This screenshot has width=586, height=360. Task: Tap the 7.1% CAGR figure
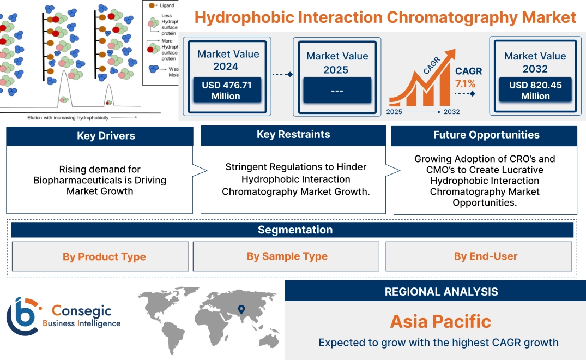point(465,83)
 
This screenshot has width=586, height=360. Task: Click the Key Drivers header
point(100,136)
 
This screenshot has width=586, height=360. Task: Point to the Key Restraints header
point(293,135)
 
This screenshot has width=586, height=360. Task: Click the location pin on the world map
point(240,310)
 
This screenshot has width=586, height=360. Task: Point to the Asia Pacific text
point(440,321)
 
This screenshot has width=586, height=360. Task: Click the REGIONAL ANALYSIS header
point(435,291)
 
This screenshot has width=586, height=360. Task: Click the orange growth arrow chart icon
point(421,80)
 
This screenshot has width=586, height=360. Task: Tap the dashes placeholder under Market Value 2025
point(337,90)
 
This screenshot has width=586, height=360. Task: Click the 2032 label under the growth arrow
point(451,112)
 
